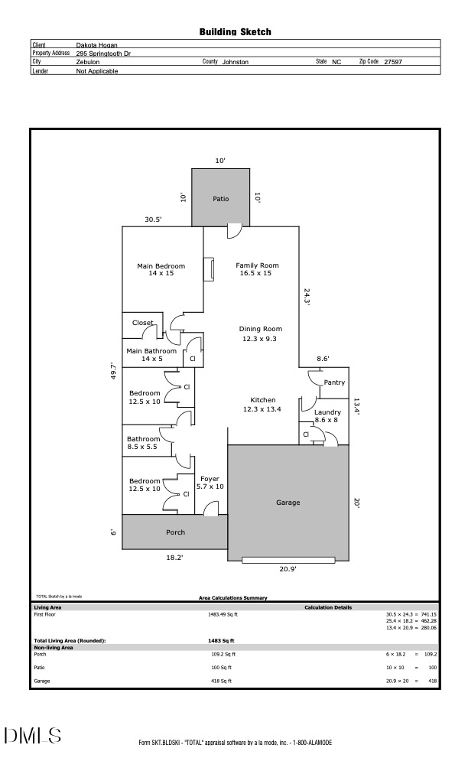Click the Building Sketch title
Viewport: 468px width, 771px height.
click(x=235, y=32)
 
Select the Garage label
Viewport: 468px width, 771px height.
click(x=288, y=503)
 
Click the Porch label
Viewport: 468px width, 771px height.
click(x=176, y=532)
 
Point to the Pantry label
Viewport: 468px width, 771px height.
click(x=334, y=382)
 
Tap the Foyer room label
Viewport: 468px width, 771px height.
click(x=210, y=479)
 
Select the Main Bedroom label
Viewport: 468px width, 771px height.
click(x=161, y=266)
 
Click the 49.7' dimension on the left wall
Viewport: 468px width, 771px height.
click(x=113, y=371)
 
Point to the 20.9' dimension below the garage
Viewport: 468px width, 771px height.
click(x=288, y=569)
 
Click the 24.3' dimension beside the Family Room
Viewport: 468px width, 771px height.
click(x=307, y=297)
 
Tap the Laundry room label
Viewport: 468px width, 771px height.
click(x=327, y=412)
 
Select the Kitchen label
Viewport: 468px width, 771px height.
click(x=263, y=400)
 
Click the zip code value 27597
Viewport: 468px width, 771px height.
click(x=393, y=62)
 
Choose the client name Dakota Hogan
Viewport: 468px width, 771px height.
click(x=97, y=44)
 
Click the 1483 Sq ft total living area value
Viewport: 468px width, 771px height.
click(x=221, y=641)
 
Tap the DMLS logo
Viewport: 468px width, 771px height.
click(x=33, y=735)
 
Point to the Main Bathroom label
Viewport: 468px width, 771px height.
click(x=151, y=351)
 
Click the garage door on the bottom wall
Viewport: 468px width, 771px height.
click(x=288, y=560)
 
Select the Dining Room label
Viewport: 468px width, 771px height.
click(x=261, y=329)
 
